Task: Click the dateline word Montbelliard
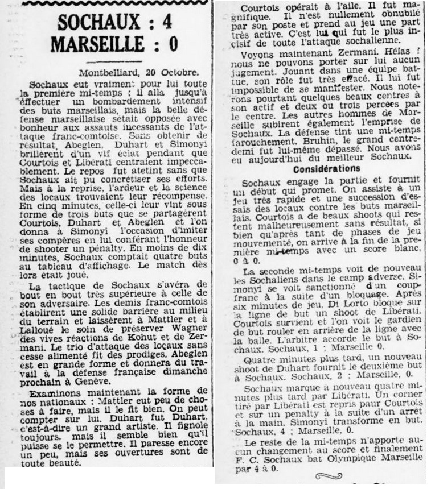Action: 105,74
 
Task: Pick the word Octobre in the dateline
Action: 180,74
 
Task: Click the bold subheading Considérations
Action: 326,169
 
